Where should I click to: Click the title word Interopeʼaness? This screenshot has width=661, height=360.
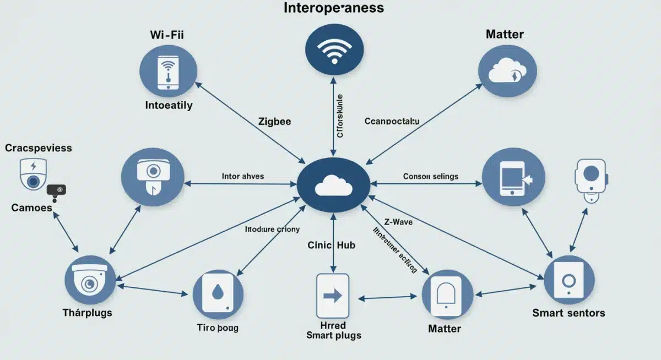[x=333, y=8]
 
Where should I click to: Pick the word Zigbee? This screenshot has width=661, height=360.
[x=274, y=122]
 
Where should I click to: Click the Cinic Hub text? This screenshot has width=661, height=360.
[x=331, y=246]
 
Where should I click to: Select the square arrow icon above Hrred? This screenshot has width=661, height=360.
[x=333, y=296]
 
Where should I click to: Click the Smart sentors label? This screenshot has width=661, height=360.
[x=568, y=313]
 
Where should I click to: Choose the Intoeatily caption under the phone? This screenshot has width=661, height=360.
[x=169, y=105]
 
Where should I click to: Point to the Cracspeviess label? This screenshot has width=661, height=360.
[x=39, y=148]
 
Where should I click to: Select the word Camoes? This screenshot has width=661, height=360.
[x=31, y=208]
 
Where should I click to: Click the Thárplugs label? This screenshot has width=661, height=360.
[x=87, y=313]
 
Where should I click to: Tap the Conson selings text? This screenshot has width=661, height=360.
[x=430, y=177]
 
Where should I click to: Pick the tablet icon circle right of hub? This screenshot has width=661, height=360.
[x=513, y=178]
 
